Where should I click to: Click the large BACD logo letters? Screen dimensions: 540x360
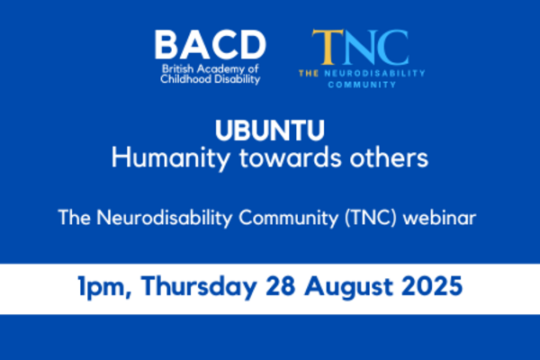pos(210,45)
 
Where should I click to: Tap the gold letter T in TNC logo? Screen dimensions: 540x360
pos(328,47)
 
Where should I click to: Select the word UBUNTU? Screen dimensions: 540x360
pos(270,130)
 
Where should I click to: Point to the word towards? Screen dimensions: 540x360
pos(291,158)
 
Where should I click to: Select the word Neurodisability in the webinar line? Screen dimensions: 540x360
pos(165,218)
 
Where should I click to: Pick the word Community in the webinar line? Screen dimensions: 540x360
pos(289,218)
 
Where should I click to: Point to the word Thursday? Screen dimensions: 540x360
pos(199,286)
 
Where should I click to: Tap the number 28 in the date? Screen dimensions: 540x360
pos(280,286)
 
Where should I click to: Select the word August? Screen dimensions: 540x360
pos(348,287)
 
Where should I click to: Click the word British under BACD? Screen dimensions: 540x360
pos(177,69)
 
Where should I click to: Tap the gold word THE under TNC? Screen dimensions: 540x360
pos(309,73)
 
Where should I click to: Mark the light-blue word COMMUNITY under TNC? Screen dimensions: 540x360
pos(362,85)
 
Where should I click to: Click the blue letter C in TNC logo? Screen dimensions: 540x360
pos(393,47)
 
